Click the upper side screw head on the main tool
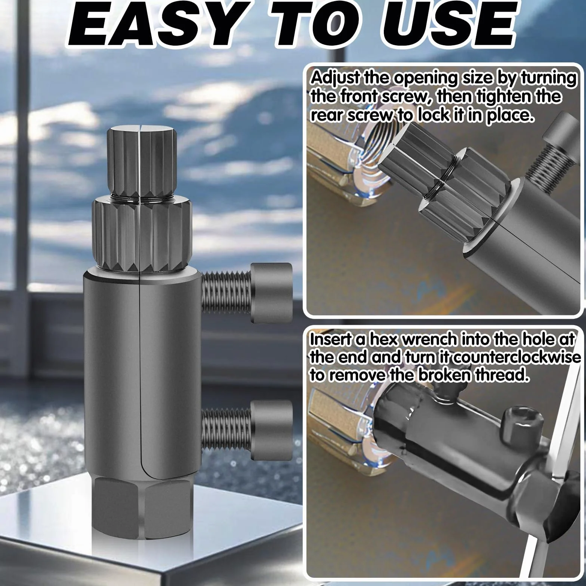click(x=271, y=293)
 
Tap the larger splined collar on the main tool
click(x=142, y=234)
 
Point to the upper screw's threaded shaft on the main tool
click(x=226, y=293)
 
